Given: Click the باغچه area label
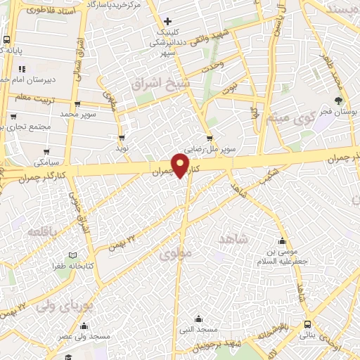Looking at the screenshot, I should pyautogui.click(x=41, y=231).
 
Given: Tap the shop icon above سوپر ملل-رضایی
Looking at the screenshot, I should pyautogui.click(x=209, y=138).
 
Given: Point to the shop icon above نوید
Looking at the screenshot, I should pyautogui.click(x=123, y=138).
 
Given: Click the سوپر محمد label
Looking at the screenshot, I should pyautogui.click(x=78, y=112).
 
